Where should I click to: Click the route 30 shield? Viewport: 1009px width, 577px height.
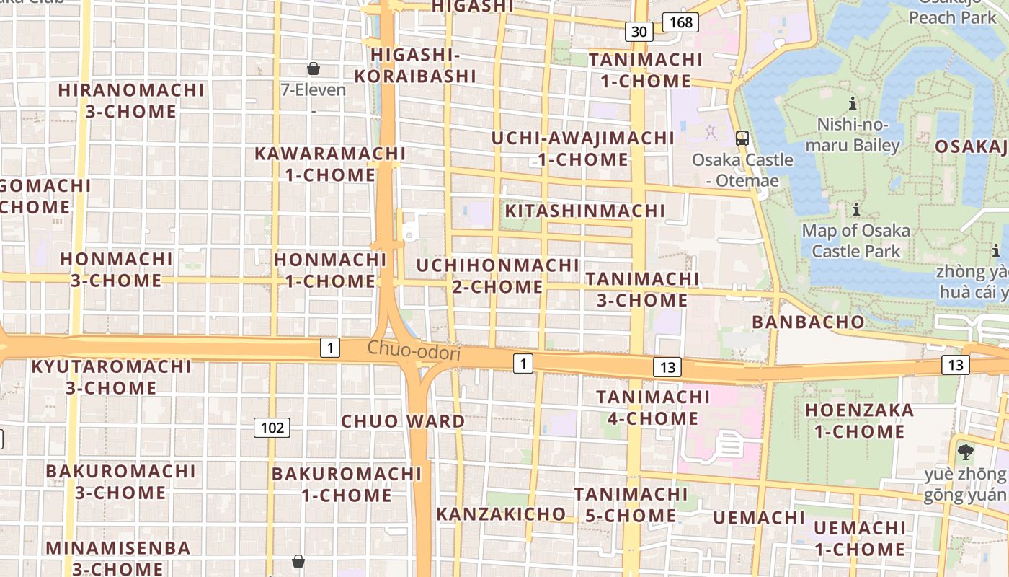(x=639, y=31)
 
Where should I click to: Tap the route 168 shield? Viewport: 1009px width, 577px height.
(x=680, y=22)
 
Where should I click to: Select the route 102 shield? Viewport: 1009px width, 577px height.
(x=272, y=428)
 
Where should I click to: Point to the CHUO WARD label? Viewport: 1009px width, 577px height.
(x=403, y=421)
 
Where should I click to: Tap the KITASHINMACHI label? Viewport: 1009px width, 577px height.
(x=584, y=211)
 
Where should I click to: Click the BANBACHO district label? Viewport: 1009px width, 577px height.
(x=808, y=322)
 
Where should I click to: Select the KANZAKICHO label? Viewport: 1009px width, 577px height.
(x=501, y=514)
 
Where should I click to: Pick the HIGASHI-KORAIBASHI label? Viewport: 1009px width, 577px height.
(x=415, y=66)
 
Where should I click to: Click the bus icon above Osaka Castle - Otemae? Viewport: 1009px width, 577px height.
(x=742, y=138)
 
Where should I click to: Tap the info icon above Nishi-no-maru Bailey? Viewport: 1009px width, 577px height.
(x=853, y=103)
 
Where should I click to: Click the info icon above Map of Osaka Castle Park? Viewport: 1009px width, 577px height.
(x=855, y=210)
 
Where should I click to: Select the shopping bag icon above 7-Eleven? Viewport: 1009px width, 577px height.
(x=314, y=69)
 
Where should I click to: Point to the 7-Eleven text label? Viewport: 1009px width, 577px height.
(x=314, y=90)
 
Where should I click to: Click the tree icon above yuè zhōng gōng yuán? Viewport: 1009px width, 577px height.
(x=965, y=452)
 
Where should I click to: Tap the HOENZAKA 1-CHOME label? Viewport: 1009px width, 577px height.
(x=858, y=421)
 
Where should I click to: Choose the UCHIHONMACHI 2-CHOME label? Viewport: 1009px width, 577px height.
(x=497, y=276)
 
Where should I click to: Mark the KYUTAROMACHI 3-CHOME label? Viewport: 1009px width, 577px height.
(x=111, y=376)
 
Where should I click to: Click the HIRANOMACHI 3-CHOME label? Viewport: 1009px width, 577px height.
(x=131, y=101)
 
